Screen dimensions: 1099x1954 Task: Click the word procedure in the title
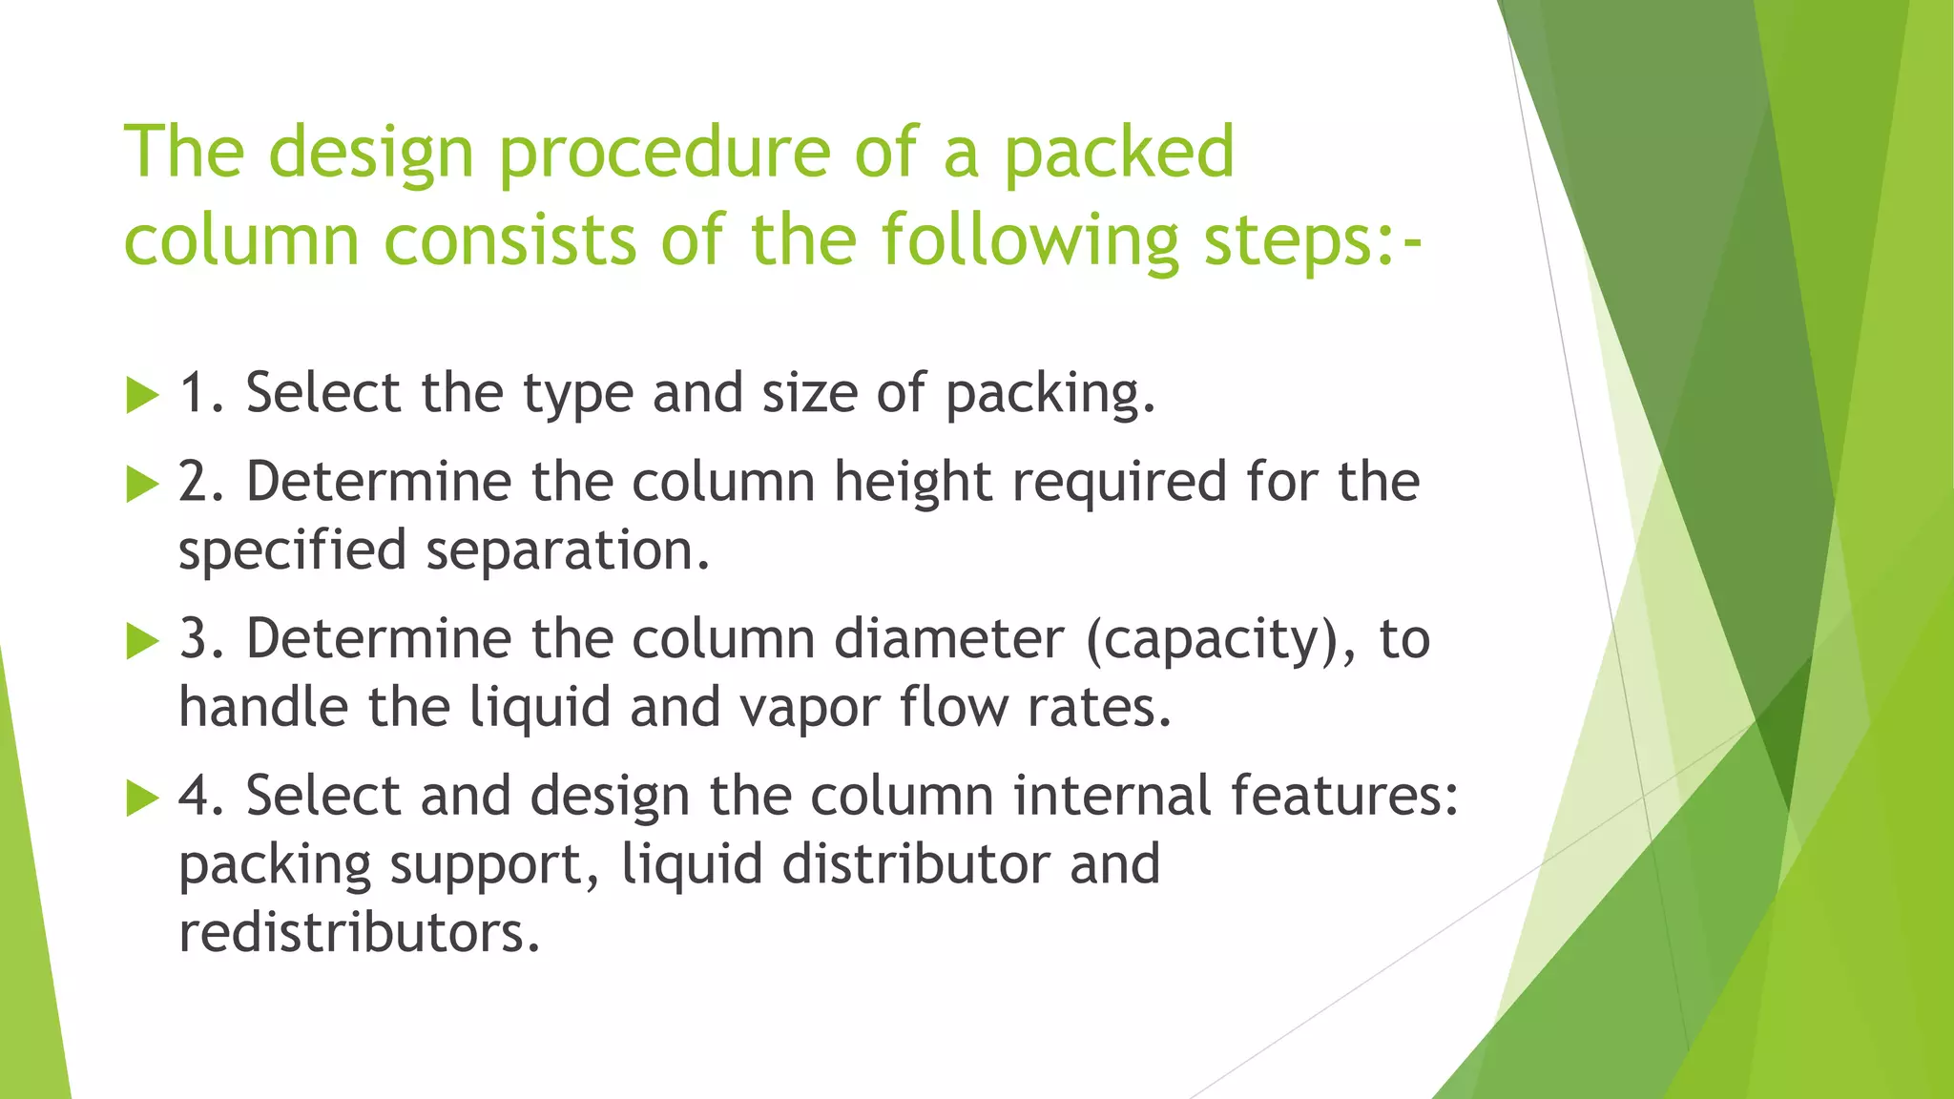(x=664, y=153)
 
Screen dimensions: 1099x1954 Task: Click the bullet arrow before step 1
(x=141, y=395)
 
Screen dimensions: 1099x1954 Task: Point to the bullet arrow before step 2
(x=141, y=484)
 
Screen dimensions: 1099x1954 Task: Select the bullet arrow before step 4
(x=141, y=798)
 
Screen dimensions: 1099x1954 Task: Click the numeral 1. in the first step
(x=201, y=393)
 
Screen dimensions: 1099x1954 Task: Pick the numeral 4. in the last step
(x=201, y=796)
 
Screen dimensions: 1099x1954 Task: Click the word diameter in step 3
(x=948, y=638)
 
